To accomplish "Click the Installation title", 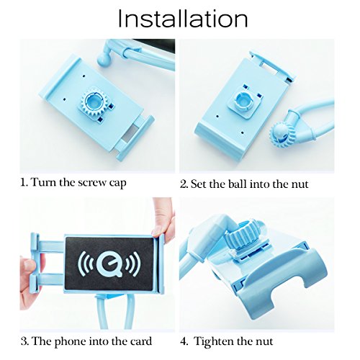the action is (x=183, y=19).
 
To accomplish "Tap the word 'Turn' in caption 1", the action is (x=44, y=182).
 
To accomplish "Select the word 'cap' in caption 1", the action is (x=117, y=184).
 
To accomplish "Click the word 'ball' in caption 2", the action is (x=238, y=184).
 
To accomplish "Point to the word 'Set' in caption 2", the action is (x=199, y=184).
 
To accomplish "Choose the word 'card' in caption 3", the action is (x=141, y=341).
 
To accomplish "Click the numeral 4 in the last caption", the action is (x=184, y=341).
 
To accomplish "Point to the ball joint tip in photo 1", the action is (x=104, y=60).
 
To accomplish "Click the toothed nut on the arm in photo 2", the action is (x=280, y=134).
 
